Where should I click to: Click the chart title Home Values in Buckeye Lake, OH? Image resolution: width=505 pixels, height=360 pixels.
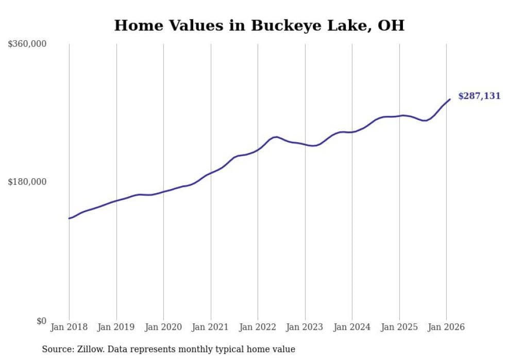click(259, 25)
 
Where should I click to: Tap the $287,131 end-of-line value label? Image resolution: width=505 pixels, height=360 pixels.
click(479, 96)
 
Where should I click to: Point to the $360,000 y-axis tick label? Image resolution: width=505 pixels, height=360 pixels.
click(27, 44)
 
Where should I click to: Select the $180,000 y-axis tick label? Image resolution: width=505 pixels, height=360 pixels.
click(27, 182)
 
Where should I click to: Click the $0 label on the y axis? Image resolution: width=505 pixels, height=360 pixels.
click(41, 321)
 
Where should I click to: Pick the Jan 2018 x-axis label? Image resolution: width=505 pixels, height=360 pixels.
click(69, 327)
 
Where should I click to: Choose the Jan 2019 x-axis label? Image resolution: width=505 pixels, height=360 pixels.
click(116, 327)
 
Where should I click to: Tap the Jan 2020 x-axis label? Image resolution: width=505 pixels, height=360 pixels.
click(163, 327)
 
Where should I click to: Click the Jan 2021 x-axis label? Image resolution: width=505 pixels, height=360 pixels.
click(211, 327)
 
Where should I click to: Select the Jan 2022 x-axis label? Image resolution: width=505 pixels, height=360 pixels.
click(258, 327)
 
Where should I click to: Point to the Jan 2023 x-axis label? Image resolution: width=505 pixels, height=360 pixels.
click(305, 327)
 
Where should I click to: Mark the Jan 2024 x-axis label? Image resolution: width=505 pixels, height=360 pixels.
click(352, 327)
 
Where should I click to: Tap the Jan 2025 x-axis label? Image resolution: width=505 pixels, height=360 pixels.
click(399, 327)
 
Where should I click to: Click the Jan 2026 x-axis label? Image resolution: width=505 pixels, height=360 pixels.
click(446, 327)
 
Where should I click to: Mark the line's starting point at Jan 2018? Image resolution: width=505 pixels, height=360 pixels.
click(69, 218)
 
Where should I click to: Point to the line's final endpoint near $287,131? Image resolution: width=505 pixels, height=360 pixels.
click(450, 99)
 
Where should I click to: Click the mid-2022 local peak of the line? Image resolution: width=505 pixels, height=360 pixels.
click(276, 137)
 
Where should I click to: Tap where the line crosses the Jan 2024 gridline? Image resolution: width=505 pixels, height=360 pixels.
click(352, 132)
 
